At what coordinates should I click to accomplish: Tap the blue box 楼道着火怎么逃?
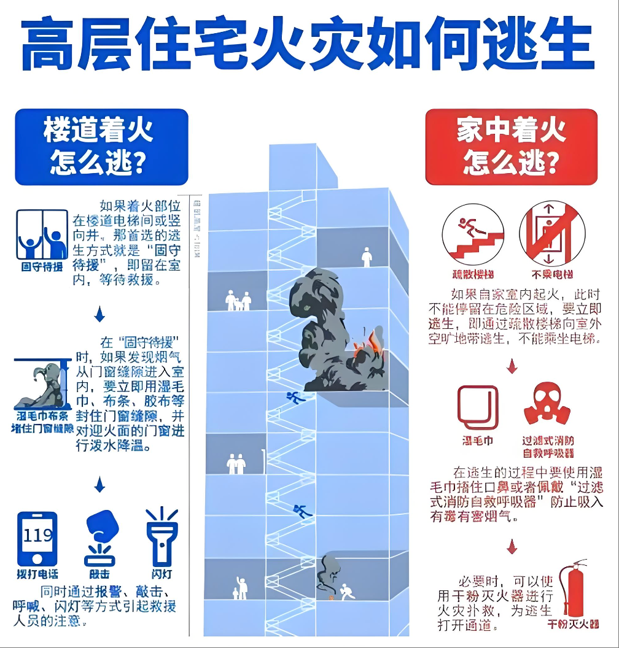101,147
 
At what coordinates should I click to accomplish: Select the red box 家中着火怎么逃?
511,147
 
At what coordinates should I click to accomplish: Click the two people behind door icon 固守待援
42,235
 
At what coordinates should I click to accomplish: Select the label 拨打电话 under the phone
37,574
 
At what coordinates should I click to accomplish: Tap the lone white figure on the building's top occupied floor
367,256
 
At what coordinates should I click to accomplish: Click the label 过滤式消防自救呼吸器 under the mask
548,447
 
